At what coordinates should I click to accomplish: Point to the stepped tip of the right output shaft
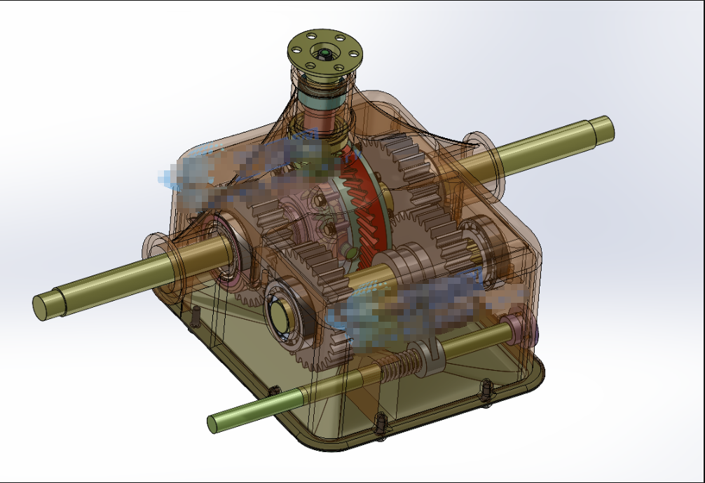tap(604, 130)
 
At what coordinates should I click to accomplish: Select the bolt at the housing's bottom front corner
tap(381, 423)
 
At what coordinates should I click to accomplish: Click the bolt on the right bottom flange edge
tap(485, 390)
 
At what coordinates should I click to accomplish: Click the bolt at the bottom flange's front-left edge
tap(274, 393)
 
